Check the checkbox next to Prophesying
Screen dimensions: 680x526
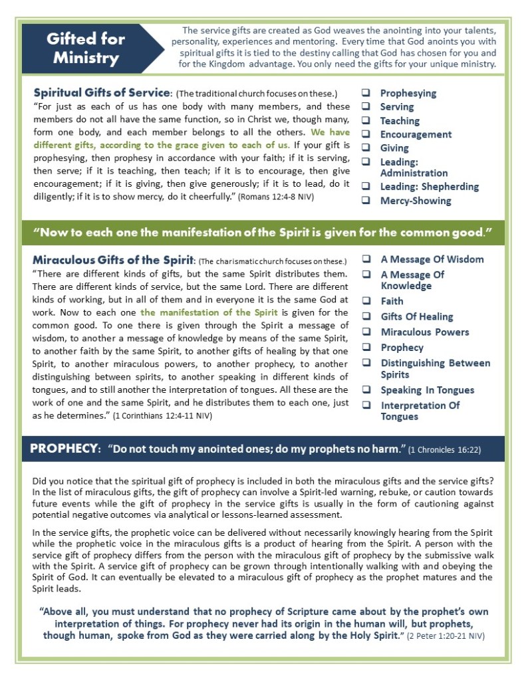[x=366, y=93]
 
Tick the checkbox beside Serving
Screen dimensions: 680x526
[x=366, y=107]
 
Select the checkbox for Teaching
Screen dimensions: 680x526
[x=366, y=121]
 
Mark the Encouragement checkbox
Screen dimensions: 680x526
[x=366, y=134]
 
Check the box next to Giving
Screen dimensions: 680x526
[x=366, y=148]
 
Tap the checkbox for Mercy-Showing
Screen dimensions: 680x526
[x=366, y=201]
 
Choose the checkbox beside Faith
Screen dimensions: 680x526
[x=366, y=301]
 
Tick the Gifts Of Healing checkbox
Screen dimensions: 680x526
[x=366, y=316]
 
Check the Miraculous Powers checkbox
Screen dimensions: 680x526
[x=366, y=332]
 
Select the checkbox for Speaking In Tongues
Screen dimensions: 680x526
[x=366, y=390]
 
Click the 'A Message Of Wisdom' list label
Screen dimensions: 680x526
[x=432, y=259]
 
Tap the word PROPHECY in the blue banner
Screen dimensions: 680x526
[x=64, y=449]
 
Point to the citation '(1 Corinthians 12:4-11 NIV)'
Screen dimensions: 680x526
[x=165, y=415]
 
